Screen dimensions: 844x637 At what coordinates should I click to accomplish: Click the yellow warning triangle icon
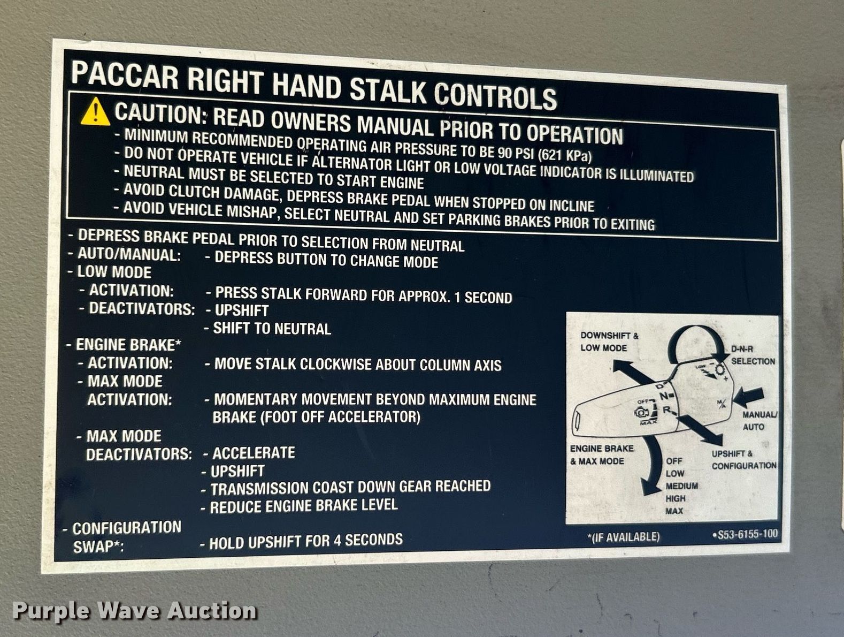click(96, 112)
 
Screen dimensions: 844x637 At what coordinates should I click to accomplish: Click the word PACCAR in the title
click(125, 74)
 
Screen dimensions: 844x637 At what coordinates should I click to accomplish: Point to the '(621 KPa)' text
click(564, 155)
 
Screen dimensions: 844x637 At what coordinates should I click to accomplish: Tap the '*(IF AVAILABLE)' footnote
click(623, 536)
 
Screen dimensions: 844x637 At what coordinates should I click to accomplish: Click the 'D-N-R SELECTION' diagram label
click(753, 355)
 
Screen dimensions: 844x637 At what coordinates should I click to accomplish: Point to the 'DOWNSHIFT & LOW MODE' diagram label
click(609, 342)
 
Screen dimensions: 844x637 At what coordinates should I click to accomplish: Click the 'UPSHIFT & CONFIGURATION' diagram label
click(743, 460)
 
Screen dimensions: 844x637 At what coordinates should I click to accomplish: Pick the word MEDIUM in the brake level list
click(682, 486)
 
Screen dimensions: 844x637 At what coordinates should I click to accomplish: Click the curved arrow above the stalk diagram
click(692, 334)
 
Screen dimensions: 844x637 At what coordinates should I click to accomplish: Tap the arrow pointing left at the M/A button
click(748, 397)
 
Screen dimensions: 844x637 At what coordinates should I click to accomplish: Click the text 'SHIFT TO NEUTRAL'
click(272, 329)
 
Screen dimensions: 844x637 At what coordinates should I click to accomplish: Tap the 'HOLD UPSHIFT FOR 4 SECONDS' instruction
click(306, 541)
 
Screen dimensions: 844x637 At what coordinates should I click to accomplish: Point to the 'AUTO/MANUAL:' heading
click(129, 255)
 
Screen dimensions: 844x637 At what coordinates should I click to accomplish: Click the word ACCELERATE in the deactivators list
click(254, 453)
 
